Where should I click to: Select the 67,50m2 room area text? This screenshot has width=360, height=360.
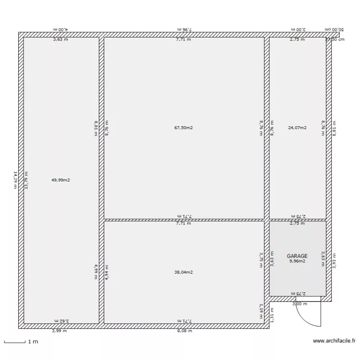tap(183, 128)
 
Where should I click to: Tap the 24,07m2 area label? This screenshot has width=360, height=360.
tap(297, 128)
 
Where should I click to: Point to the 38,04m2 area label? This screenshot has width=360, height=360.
tap(183, 272)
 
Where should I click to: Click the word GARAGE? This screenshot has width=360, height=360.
tap(297, 256)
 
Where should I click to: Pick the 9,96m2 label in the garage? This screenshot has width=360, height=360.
tap(297, 262)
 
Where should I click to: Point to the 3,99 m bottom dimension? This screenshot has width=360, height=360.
tap(60, 331)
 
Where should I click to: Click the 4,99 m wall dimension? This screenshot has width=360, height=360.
tap(96, 271)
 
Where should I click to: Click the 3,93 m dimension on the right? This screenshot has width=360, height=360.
tap(335, 262)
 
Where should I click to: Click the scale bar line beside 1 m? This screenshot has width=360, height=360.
tap(14, 342)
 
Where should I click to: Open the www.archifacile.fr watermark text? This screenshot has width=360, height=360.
tap(334, 341)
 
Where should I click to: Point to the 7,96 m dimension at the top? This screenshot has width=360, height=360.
tap(183, 29)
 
